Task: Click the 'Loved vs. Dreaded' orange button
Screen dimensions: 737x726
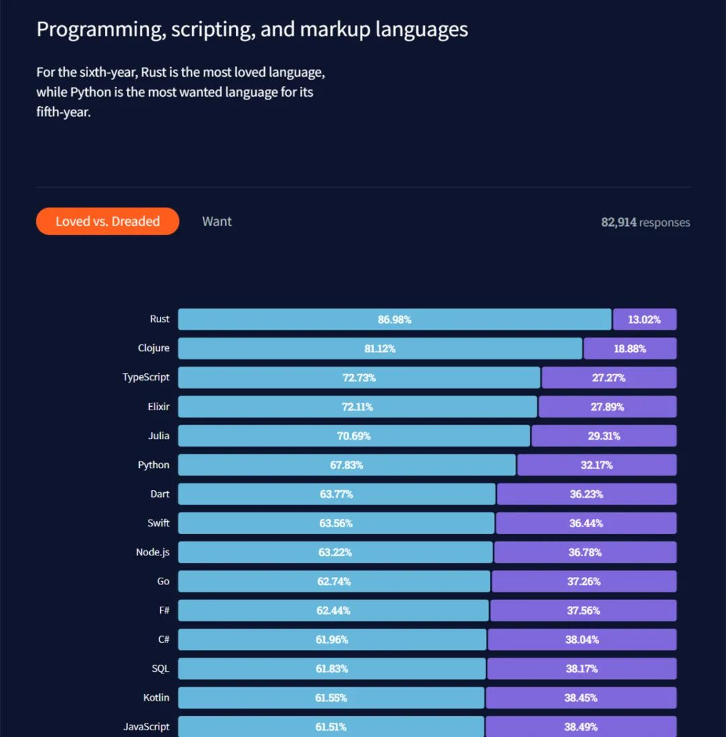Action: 108,221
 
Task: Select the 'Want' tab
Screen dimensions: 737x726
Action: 216,221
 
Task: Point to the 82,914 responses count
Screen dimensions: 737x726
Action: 645,223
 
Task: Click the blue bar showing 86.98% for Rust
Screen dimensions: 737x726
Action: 395,319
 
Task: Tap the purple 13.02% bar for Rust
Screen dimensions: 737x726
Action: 644,319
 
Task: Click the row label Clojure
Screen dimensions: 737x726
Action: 153,348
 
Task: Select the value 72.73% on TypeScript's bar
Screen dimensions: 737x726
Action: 359,378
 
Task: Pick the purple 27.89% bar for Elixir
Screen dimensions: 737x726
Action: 607,407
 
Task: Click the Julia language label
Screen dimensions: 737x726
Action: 159,436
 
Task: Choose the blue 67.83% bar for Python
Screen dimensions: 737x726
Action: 346,465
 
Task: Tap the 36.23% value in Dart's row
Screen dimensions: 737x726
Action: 586,494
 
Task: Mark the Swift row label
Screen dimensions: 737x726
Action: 159,523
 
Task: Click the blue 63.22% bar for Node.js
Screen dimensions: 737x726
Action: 335,552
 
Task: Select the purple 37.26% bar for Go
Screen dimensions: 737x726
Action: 583,581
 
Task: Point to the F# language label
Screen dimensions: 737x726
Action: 163,611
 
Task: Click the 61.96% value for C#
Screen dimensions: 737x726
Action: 331,639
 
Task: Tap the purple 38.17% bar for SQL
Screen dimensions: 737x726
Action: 581,668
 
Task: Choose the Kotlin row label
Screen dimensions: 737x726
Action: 156,698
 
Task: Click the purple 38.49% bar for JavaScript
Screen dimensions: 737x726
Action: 581,726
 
